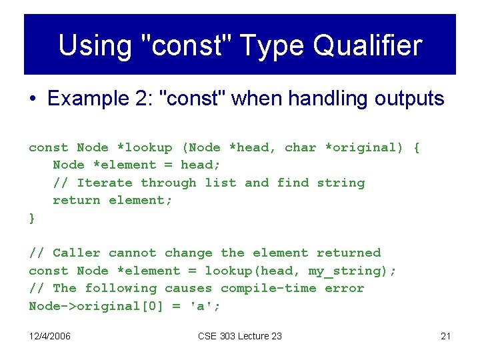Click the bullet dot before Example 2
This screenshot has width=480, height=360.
click(x=33, y=99)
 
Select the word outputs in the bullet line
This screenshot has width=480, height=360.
click(x=409, y=99)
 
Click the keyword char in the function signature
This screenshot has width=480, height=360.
click(x=300, y=147)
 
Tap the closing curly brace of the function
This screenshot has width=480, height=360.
click(x=32, y=218)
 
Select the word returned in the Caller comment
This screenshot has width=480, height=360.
click(x=349, y=253)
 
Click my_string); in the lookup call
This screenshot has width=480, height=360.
click(x=353, y=271)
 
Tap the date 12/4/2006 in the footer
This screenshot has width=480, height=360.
click(x=50, y=336)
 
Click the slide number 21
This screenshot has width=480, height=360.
click(x=445, y=336)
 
